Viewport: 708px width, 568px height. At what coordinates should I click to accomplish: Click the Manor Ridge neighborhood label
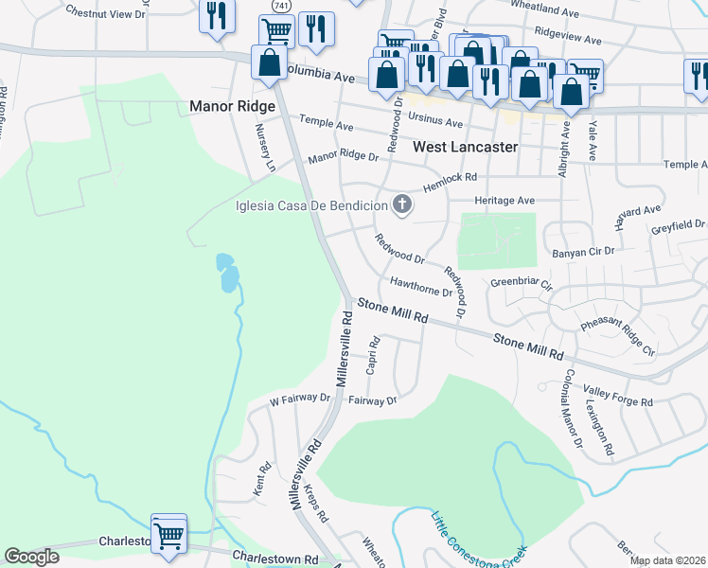click(232, 106)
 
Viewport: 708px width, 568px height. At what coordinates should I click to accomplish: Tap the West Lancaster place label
click(466, 147)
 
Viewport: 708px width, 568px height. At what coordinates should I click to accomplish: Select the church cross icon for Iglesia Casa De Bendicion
click(403, 204)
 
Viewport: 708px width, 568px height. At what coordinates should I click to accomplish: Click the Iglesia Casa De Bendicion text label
click(312, 205)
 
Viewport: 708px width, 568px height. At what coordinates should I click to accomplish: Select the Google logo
click(31, 557)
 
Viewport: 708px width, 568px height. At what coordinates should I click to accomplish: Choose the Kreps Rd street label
click(315, 504)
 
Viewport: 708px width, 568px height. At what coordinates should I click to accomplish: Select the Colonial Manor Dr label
click(572, 408)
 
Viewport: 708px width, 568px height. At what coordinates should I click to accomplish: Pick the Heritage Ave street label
click(504, 201)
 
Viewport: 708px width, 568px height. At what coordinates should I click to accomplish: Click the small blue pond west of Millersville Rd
click(227, 273)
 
